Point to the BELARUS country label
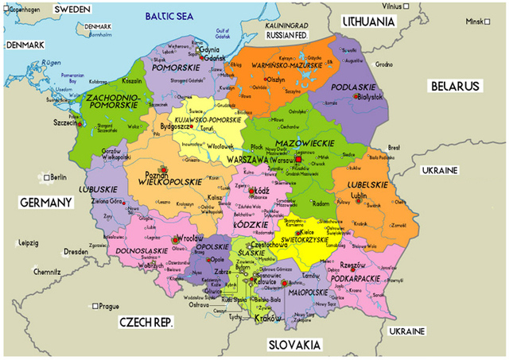pos(455,85)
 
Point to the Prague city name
pos(109,306)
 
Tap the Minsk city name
pos(474,21)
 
